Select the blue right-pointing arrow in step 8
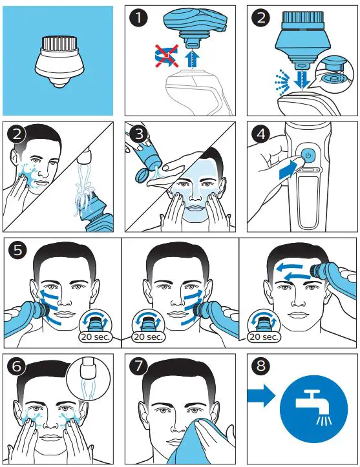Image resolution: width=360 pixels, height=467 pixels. point(260,396)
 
